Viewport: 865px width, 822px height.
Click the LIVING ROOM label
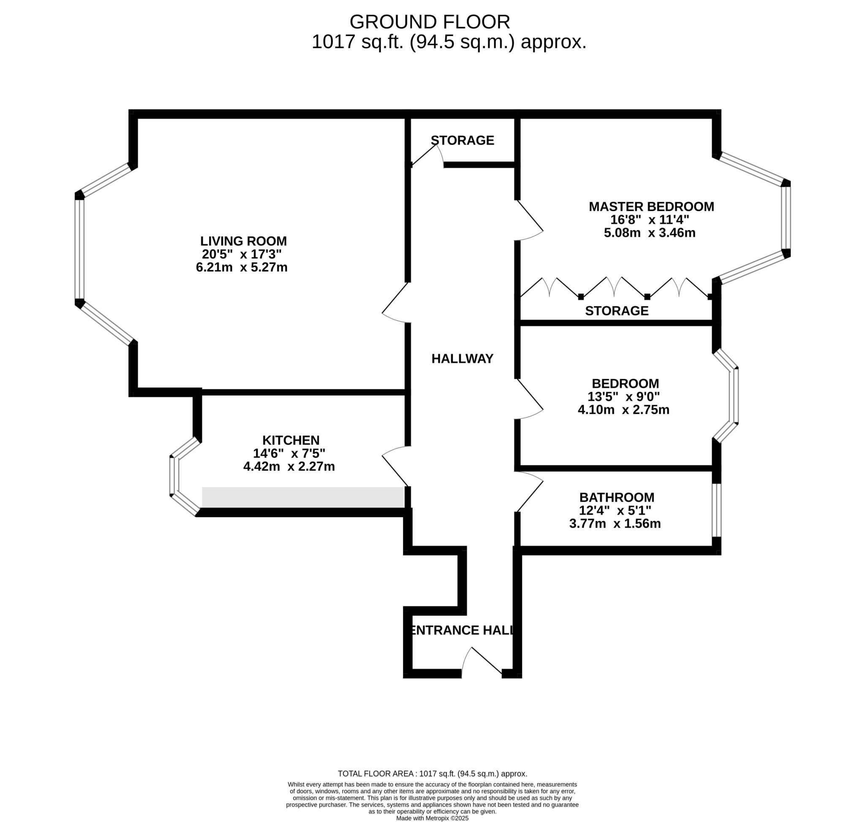point(243,241)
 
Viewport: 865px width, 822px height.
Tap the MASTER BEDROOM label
point(651,206)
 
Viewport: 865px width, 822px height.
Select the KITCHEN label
point(291,440)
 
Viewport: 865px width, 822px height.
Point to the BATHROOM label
point(616,497)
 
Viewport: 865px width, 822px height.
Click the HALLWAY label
point(462,358)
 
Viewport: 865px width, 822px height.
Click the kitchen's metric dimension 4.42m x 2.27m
point(288,466)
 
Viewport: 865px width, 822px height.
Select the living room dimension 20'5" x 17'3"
point(241,254)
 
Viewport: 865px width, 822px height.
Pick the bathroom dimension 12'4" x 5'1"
point(615,511)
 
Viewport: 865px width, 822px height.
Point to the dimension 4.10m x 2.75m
point(623,410)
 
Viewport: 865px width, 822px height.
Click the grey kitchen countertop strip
point(303,497)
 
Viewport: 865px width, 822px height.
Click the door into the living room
point(395,302)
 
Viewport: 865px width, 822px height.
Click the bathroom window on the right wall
point(716,510)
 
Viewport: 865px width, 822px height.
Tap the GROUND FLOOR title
point(430,22)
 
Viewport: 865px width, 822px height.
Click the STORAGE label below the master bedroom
point(617,311)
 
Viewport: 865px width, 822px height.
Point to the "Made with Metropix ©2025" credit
point(432,818)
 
